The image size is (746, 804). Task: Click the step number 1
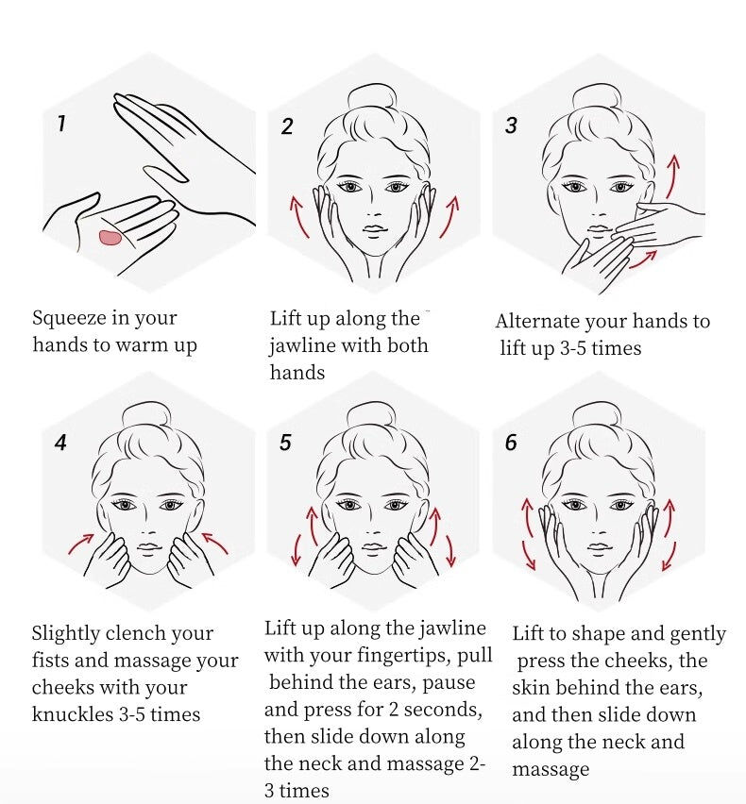pos(62,123)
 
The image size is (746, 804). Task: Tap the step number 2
pos(287,126)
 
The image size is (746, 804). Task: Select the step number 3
pos(511,126)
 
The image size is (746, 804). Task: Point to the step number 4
pos(60,443)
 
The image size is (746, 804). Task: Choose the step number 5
pos(285,443)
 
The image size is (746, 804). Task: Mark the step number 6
pos(511,443)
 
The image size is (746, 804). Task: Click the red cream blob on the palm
pos(110,238)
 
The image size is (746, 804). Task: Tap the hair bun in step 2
pos(373,99)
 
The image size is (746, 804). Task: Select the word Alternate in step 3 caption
pos(537,322)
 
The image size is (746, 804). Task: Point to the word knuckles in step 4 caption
pos(73,714)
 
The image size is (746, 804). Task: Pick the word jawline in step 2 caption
pos(302,346)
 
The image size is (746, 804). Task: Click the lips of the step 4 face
pos(149,547)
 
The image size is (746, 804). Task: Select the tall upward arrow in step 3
pos(672,176)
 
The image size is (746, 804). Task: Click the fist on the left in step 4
pos(109,559)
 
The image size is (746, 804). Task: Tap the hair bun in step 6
pos(598,416)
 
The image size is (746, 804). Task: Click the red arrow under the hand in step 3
pos(643,260)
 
